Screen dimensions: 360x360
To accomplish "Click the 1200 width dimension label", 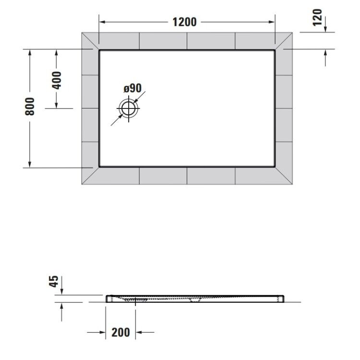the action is point(184,22).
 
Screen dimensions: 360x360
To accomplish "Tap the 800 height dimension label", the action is point(30,106).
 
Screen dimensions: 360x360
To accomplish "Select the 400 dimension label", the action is point(57,80).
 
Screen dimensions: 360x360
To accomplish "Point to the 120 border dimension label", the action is point(318,17).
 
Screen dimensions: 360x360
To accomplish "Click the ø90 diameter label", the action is point(132,88).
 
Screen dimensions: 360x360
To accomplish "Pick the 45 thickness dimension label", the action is point(54,281).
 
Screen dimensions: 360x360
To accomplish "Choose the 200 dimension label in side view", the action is point(120,332).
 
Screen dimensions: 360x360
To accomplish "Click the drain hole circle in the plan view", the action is point(128,108).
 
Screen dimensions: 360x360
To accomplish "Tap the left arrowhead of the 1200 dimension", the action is point(102,22).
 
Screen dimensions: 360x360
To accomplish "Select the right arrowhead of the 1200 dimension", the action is point(272,22).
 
